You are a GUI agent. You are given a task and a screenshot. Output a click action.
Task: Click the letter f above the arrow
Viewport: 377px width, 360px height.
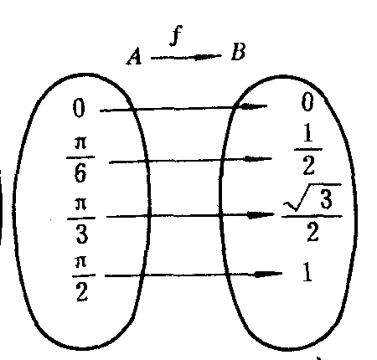point(176,35)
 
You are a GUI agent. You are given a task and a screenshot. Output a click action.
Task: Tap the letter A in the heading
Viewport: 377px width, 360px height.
point(134,56)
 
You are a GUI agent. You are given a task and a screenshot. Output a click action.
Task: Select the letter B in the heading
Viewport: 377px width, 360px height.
point(238,52)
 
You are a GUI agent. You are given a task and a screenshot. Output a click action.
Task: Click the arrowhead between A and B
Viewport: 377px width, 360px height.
point(206,57)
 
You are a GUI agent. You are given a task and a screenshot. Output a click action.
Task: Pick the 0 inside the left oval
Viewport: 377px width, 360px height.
point(79,108)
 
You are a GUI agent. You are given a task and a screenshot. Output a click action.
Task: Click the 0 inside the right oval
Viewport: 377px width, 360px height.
point(307,102)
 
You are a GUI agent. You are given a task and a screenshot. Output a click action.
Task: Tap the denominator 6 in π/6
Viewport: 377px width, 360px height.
point(80,172)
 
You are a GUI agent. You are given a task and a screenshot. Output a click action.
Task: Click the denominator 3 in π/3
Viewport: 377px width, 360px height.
point(81,234)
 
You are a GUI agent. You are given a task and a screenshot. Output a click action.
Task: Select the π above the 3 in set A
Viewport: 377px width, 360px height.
point(81,204)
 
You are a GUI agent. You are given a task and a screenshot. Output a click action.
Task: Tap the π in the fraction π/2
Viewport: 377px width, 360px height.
point(80,263)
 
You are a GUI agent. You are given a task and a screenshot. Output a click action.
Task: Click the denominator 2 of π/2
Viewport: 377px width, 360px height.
point(82,291)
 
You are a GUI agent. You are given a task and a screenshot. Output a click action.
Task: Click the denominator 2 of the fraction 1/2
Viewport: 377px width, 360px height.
point(308,166)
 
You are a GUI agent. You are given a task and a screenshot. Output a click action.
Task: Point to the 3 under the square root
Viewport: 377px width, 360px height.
point(326,198)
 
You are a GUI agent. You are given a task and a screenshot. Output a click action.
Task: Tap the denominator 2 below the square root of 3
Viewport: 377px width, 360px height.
point(312,233)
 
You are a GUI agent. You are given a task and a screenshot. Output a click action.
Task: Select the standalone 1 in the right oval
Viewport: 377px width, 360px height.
point(307,272)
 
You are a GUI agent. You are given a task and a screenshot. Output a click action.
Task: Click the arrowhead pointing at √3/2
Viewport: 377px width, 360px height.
point(261,215)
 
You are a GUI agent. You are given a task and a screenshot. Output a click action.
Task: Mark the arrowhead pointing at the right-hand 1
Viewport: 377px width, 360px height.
point(267,275)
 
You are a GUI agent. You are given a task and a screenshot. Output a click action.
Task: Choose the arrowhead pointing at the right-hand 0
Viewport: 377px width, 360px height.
point(253,106)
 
